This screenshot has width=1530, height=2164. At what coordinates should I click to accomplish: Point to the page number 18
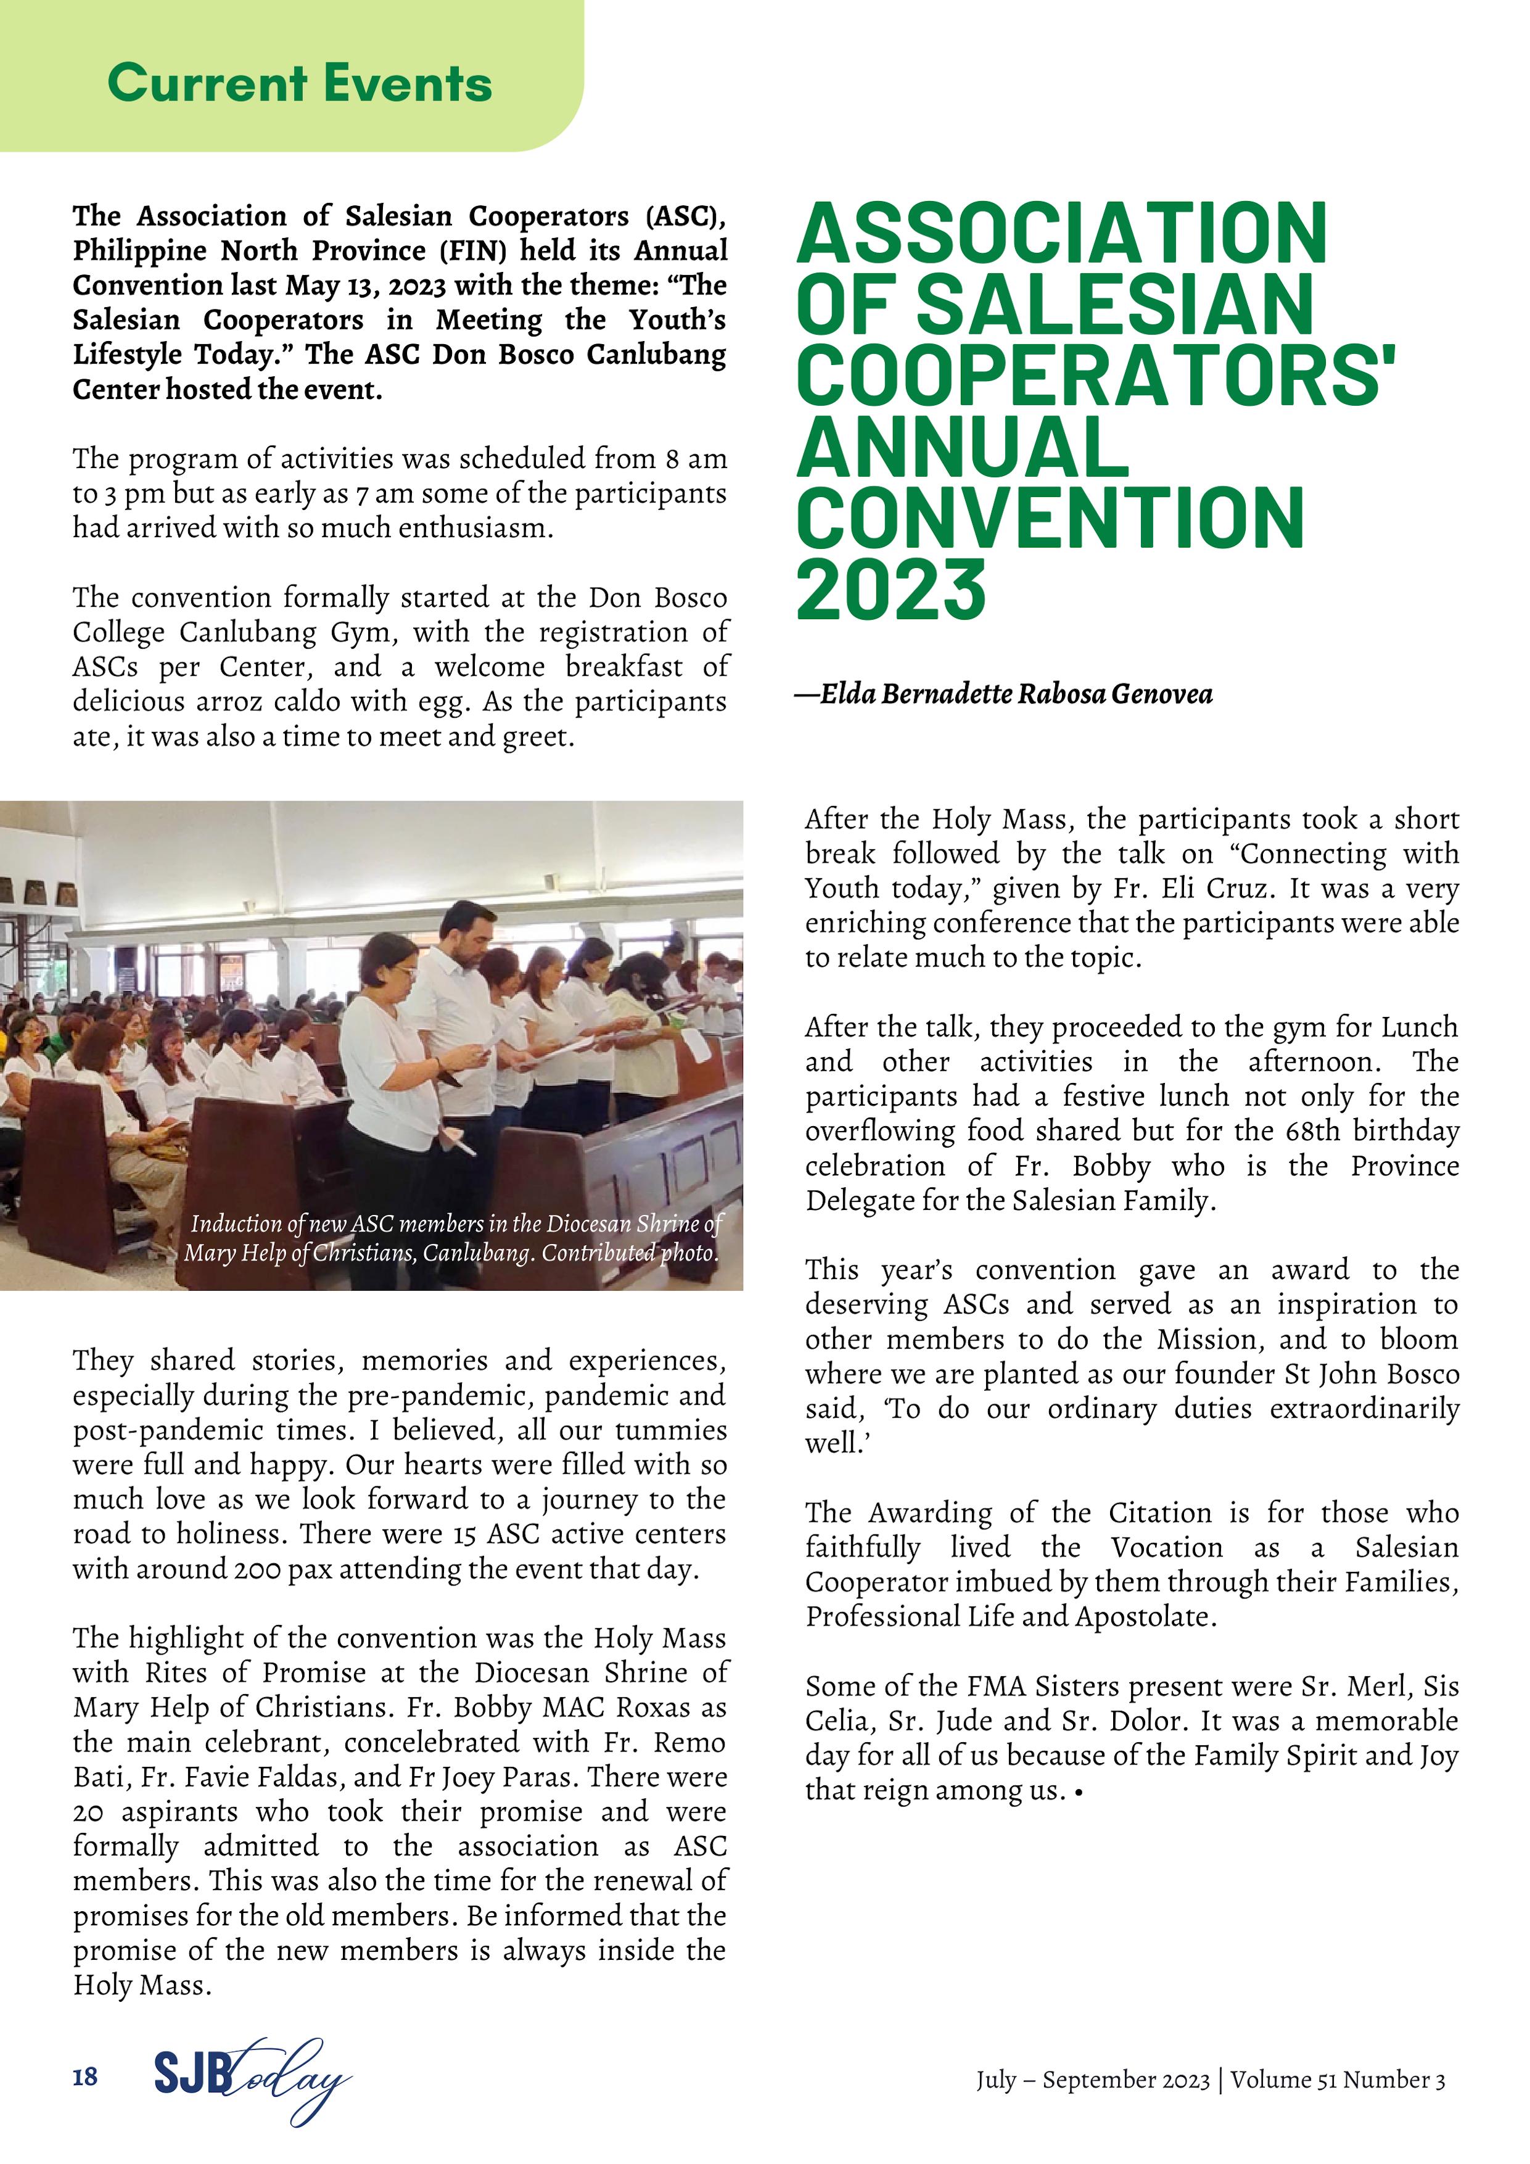coord(85,2076)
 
